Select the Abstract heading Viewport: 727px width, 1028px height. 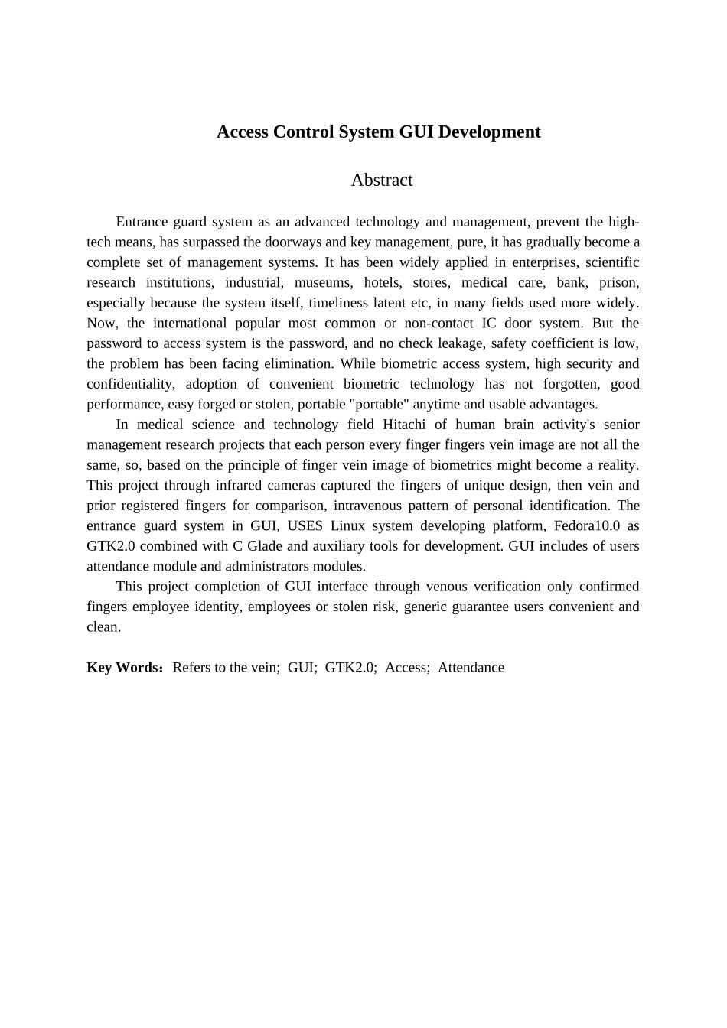(382, 180)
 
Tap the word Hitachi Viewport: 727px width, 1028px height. (404, 425)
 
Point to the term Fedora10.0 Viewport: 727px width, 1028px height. (586, 525)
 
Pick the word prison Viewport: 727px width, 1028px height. (618, 282)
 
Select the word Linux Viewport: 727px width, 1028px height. (347, 525)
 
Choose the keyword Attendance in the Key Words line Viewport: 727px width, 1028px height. (471, 667)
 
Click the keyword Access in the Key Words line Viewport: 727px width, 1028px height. (407, 667)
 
